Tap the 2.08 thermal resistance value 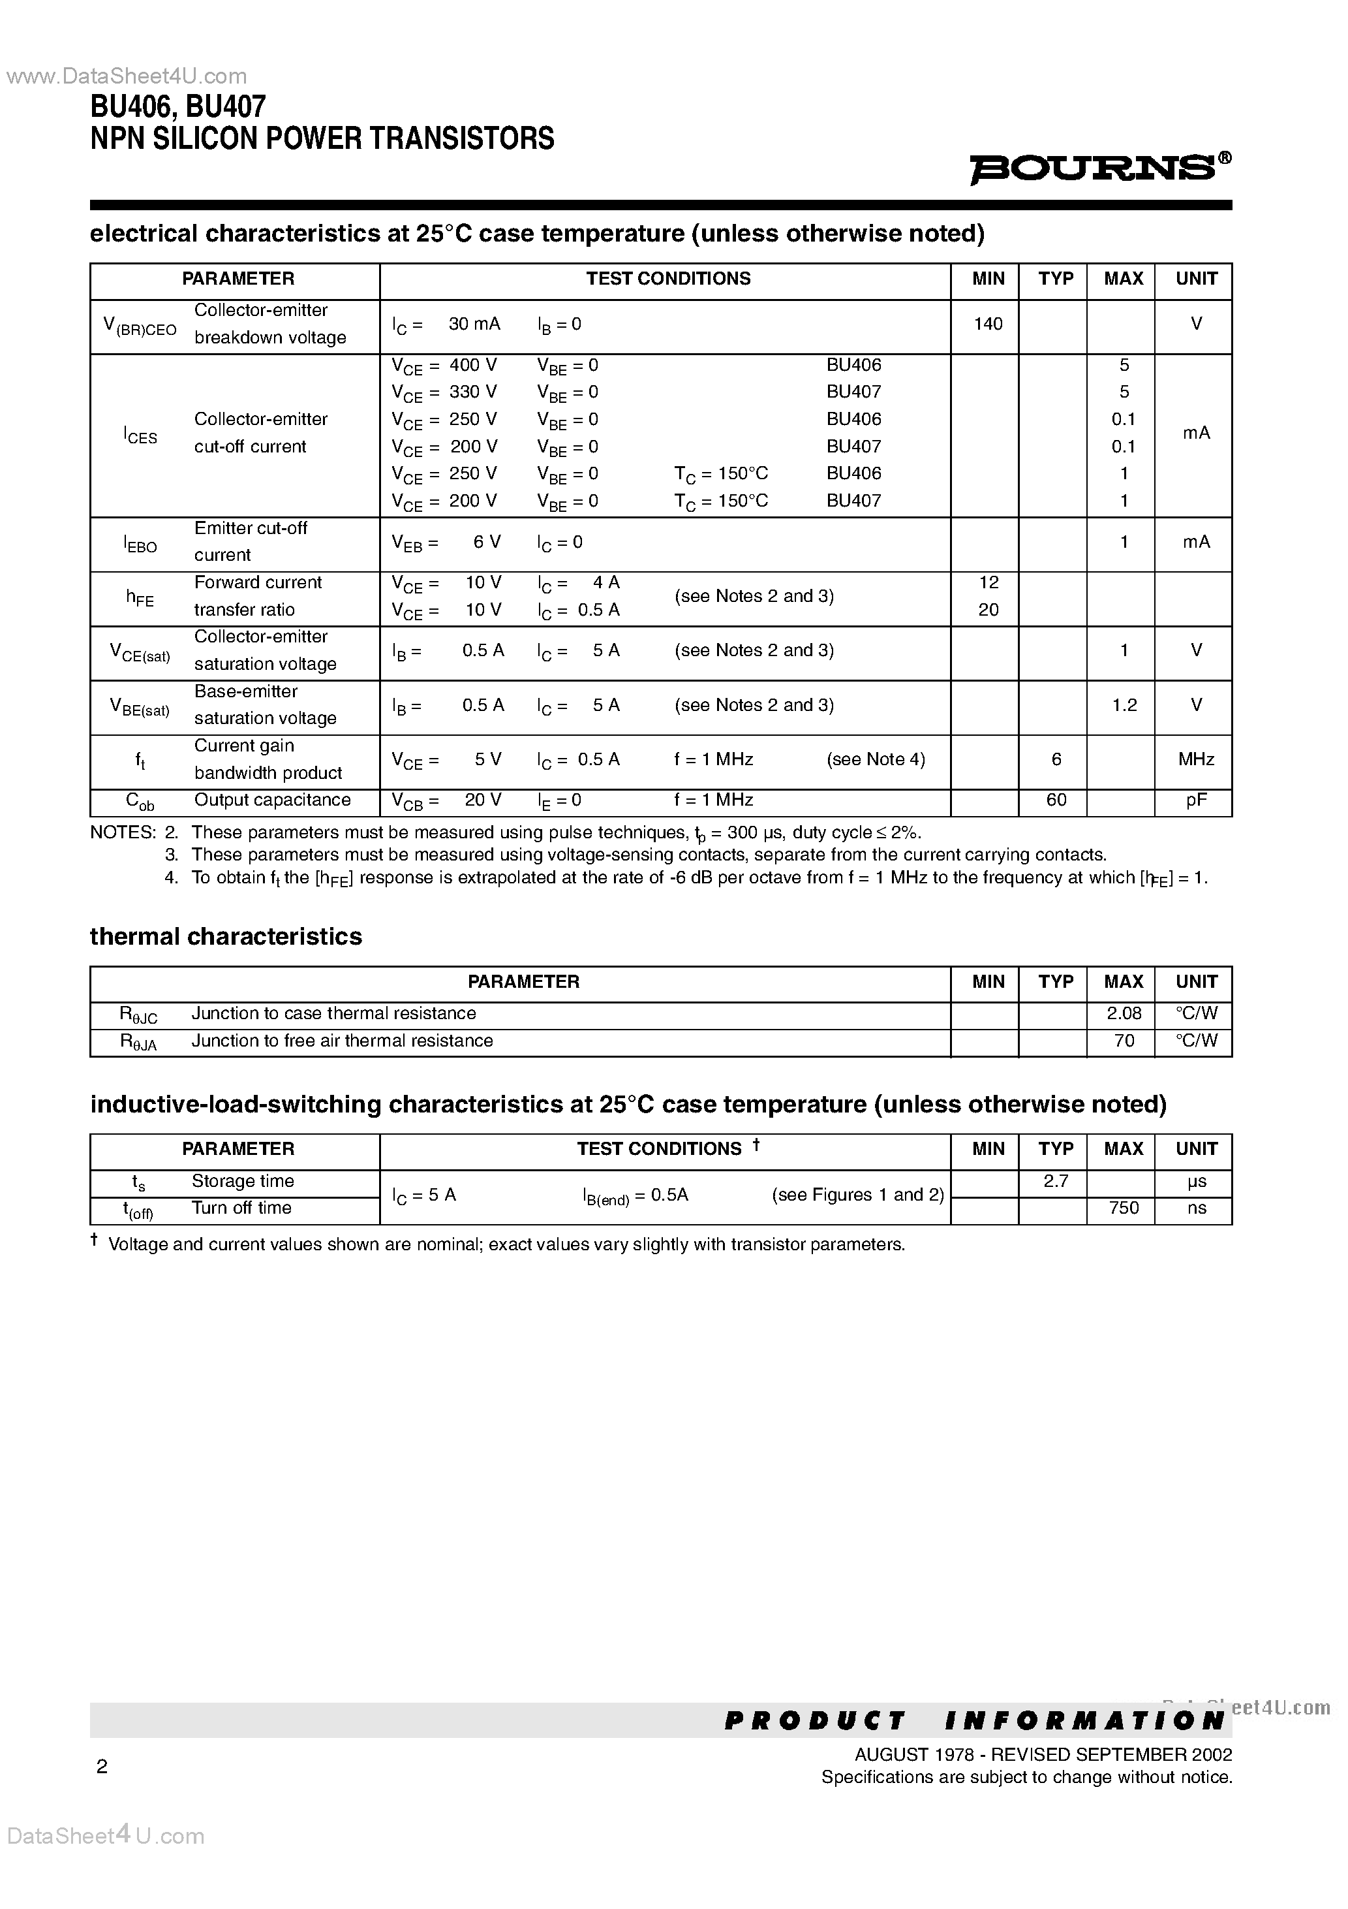[x=1124, y=1013]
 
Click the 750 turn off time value [x=1124, y=1208]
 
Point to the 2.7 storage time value [x=1056, y=1180]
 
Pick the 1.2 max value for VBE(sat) [x=1124, y=705]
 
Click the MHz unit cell [x=1196, y=759]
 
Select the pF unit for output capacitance [x=1196, y=800]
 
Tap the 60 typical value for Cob [x=1056, y=800]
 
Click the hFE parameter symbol [x=140, y=597]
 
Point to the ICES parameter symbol [x=140, y=434]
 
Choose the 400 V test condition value [x=473, y=365]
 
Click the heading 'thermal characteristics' [x=226, y=936]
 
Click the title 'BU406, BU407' [x=178, y=107]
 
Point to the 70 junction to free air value [x=1124, y=1041]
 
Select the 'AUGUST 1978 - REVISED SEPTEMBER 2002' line [x=1043, y=1754]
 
